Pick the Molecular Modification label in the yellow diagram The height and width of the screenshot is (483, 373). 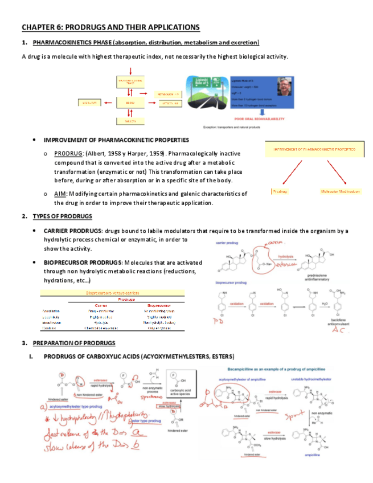coord(341,191)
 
